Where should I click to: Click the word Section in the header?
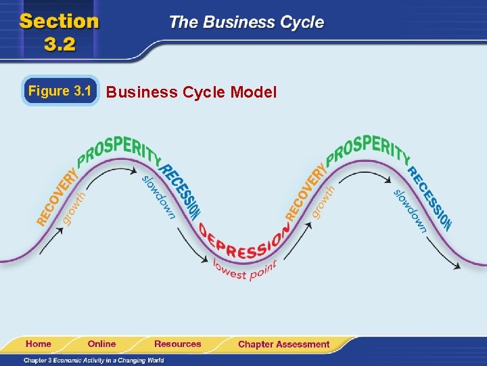coord(60,20)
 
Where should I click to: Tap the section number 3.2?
coord(60,44)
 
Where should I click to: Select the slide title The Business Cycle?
coord(246,22)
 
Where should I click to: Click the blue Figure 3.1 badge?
coord(60,91)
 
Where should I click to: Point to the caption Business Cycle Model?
coord(191,92)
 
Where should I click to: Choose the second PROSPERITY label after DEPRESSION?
coord(368,148)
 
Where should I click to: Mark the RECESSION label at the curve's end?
coord(430,196)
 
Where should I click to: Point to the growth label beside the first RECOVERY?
coord(76,206)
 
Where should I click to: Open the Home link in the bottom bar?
coord(39,344)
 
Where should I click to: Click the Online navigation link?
coord(101,344)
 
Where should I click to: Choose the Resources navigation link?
coord(177,344)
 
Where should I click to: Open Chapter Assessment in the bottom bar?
coord(283,344)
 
